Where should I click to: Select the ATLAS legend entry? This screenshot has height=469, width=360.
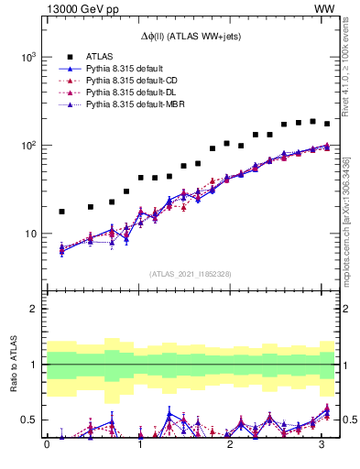(101, 57)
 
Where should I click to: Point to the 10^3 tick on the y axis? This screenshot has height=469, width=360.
(29, 57)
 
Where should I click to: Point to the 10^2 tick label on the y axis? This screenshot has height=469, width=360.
(29, 146)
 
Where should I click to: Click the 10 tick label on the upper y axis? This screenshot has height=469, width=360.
(32, 234)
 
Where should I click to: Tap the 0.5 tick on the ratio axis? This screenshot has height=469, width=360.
(31, 420)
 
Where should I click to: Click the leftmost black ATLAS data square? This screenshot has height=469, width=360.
(61, 212)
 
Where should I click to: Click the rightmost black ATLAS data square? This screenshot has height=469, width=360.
(327, 124)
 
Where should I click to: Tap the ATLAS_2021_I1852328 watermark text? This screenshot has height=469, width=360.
(191, 274)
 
